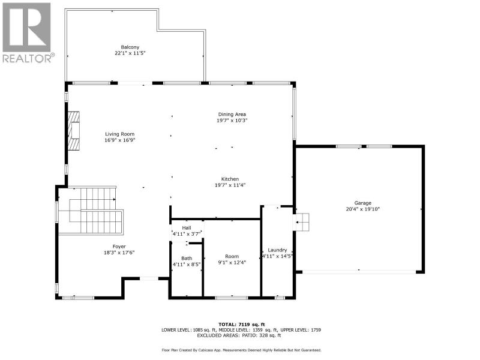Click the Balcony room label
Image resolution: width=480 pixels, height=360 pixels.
pyautogui.click(x=130, y=47)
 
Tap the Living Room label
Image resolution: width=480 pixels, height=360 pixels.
pyautogui.click(x=119, y=134)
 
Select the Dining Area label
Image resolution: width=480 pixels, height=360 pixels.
pyautogui.click(x=232, y=115)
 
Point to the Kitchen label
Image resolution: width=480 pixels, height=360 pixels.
pyautogui.click(x=230, y=179)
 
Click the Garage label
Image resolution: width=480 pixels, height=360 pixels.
pyautogui.click(x=363, y=203)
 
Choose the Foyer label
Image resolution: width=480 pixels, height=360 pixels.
pyautogui.click(x=119, y=247)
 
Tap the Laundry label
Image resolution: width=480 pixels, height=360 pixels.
pyautogui.click(x=277, y=250)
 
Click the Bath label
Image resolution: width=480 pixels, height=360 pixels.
pyautogui.click(x=187, y=259)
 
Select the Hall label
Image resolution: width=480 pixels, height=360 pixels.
pyautogui.click(x=187, y=228)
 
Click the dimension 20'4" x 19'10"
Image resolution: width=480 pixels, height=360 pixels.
pyautogui.click(x=363, y=209)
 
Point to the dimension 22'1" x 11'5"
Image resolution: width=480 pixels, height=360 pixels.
pyautogui.click(x=130, y=53)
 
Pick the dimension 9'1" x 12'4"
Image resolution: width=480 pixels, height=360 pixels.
pyautogui.click(x=232, y=262)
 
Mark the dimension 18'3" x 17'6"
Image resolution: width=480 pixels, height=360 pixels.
pyautogui.click(x=119, y=253)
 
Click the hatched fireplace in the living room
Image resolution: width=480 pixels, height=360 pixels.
pyautogui.click(x=73, y=131)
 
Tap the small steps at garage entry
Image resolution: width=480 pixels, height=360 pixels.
pyautogui.click(x=301, y=222)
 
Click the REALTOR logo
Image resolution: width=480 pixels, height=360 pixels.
pyautogui.click(x=28, y=33)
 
